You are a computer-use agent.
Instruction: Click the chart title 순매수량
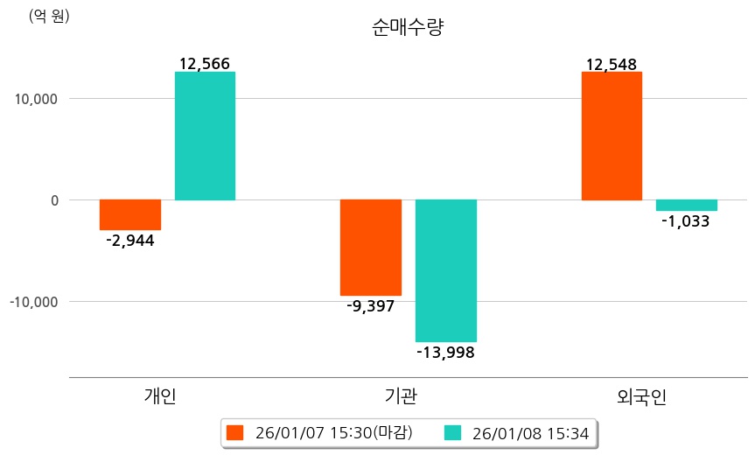408,28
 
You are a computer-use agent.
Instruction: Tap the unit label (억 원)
49,16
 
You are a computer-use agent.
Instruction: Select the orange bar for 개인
129,214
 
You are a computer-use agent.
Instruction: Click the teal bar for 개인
205,136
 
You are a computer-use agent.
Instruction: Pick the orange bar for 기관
371,248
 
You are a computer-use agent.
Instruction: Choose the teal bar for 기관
446,270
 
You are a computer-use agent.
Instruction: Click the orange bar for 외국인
612,136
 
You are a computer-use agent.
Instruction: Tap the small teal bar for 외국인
687,206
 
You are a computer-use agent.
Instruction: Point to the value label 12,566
205,64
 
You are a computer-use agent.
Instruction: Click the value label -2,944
129,241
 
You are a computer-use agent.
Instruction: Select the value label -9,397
370,306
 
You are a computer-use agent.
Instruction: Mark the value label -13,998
445,352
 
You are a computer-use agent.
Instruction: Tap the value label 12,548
612,64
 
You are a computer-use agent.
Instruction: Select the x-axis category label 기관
401,396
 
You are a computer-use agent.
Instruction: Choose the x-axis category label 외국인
642,396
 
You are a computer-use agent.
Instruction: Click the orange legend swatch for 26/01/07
234,432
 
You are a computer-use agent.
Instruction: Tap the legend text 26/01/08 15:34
530,432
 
